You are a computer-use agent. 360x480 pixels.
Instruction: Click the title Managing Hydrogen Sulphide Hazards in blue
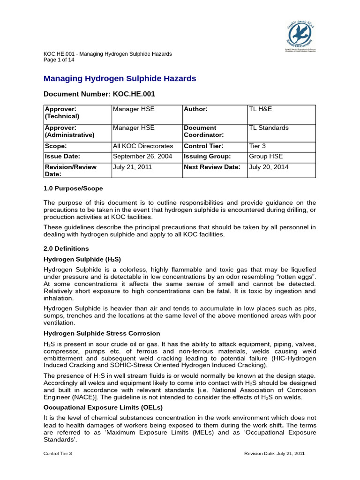click(120, 79)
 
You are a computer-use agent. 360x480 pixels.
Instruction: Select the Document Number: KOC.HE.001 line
click(99, 94)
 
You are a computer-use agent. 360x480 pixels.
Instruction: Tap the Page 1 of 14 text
click(59, 60)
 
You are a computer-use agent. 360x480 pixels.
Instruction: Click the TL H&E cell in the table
click(260, 109)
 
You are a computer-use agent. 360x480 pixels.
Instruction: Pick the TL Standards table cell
click(269, 128)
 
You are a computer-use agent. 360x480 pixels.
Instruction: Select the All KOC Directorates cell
click(143, 146)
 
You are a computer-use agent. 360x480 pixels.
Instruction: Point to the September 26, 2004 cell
click(142, 157)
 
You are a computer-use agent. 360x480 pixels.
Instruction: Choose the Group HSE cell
click(266, 157)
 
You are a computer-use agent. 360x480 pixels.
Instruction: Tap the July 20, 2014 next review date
click(269, 167)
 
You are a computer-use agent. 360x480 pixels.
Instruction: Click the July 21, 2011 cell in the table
click(132, 167)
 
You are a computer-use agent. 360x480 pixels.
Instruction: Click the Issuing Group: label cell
click(207, 157)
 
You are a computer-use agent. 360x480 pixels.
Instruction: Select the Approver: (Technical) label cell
click(61, 112)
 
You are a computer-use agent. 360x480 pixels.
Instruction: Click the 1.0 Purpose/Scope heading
click(73, 188)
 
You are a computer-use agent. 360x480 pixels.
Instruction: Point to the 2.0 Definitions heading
click(66, 248)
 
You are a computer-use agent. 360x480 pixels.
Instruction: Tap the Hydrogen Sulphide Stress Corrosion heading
click(102, 333)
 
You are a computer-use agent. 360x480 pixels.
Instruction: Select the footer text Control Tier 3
click(58, 454)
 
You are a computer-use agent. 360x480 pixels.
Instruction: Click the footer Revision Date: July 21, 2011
click(275, 454)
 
